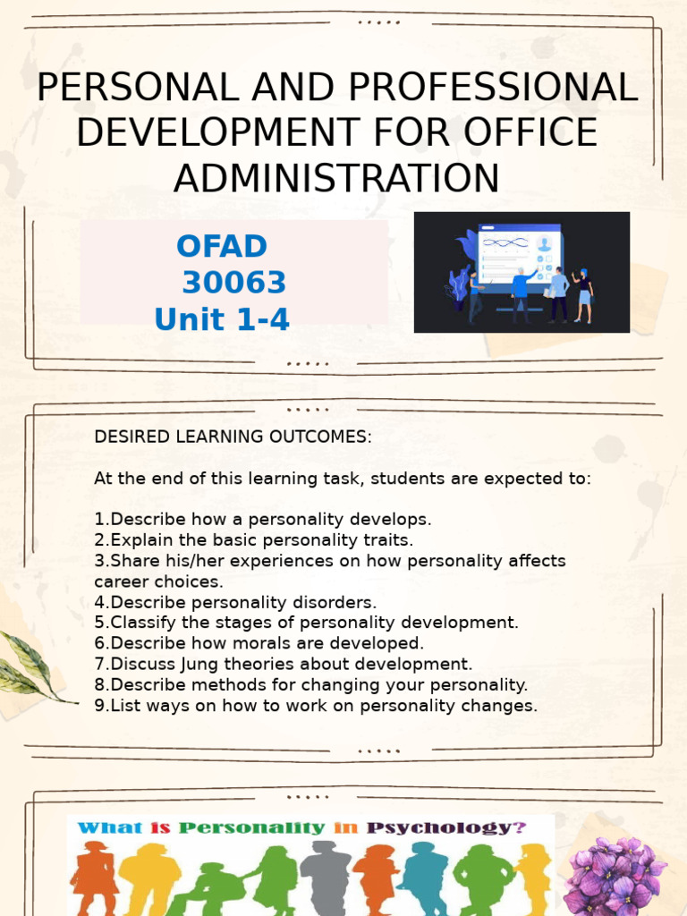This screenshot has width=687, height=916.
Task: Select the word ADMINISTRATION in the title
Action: click(x=336, y=177)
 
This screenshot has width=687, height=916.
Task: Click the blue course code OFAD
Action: click(x=222, y=246)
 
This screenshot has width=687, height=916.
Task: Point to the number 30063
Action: click(x=234, y=283)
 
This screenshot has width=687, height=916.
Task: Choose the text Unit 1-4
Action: click(x=222, y=319)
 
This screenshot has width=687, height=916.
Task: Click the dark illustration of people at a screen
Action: click(x=522, y=272)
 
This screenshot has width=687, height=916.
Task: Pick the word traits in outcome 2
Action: click(x=387, y=540)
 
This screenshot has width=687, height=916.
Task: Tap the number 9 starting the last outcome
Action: click(x=98, y=706)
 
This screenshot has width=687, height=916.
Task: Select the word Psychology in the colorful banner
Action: click(x=445, y=827)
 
